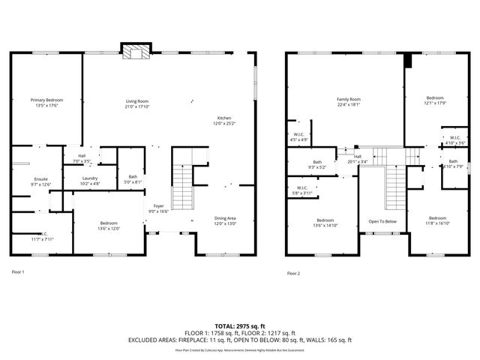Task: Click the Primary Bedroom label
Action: point(46,103)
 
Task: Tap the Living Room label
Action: point(136,103)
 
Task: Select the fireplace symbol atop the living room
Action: point(136,52)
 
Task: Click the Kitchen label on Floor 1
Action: point(224,121)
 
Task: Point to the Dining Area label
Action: point(225,220)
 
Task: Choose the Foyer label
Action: point(159,208)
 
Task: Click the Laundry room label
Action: point(90,179)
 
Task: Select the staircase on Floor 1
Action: point(182,187)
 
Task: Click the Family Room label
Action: point(348,102)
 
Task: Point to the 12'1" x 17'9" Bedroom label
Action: point(436,100)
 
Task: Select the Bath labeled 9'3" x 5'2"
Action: point(317,165)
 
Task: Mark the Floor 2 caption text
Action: point(293,274)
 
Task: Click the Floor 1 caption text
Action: point(18,271)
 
